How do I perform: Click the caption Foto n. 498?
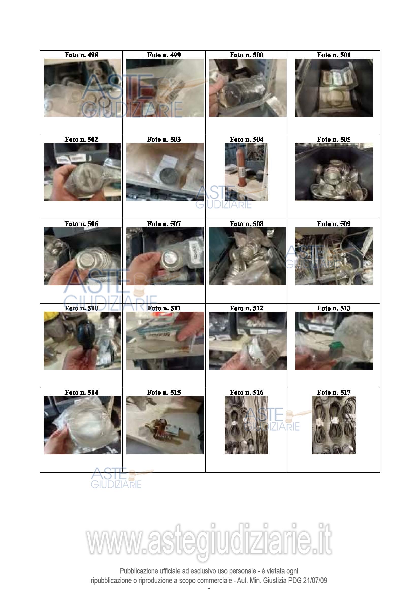tap(81, 55)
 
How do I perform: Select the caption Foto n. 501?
tap(334, 55)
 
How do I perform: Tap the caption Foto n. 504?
tap(246, 139)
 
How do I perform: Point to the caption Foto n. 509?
tap(334, 224)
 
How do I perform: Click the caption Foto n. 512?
tap(246, 308)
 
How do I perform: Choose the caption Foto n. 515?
tap(164, 392)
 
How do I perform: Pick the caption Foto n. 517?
tap(334, 392)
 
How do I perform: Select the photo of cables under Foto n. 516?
tap(246, 425)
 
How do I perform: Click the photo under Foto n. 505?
tap(334, 172)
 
